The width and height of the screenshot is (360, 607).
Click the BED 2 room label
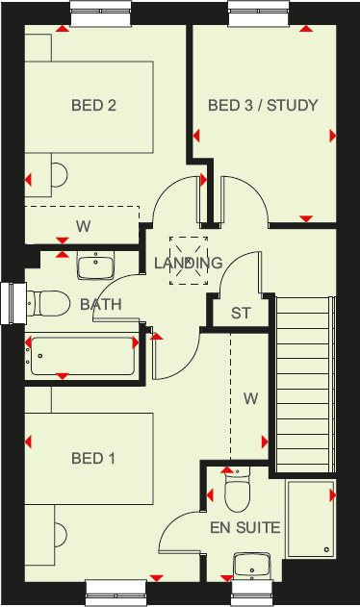[93, 106]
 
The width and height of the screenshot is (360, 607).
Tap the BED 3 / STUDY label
[263, 106]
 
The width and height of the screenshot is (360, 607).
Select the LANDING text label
[188, 263]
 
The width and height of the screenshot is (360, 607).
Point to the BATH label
[100, 305]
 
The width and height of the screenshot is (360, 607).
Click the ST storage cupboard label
[240, 314]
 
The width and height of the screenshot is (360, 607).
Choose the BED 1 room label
[93, 459]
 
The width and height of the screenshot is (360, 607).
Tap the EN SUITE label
[244, 527]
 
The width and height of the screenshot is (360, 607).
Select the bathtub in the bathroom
[82, 355]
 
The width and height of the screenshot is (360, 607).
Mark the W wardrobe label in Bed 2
[84, 227]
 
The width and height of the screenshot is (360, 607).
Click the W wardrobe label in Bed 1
[250, 397]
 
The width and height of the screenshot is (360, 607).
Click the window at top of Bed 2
[101, 11]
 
